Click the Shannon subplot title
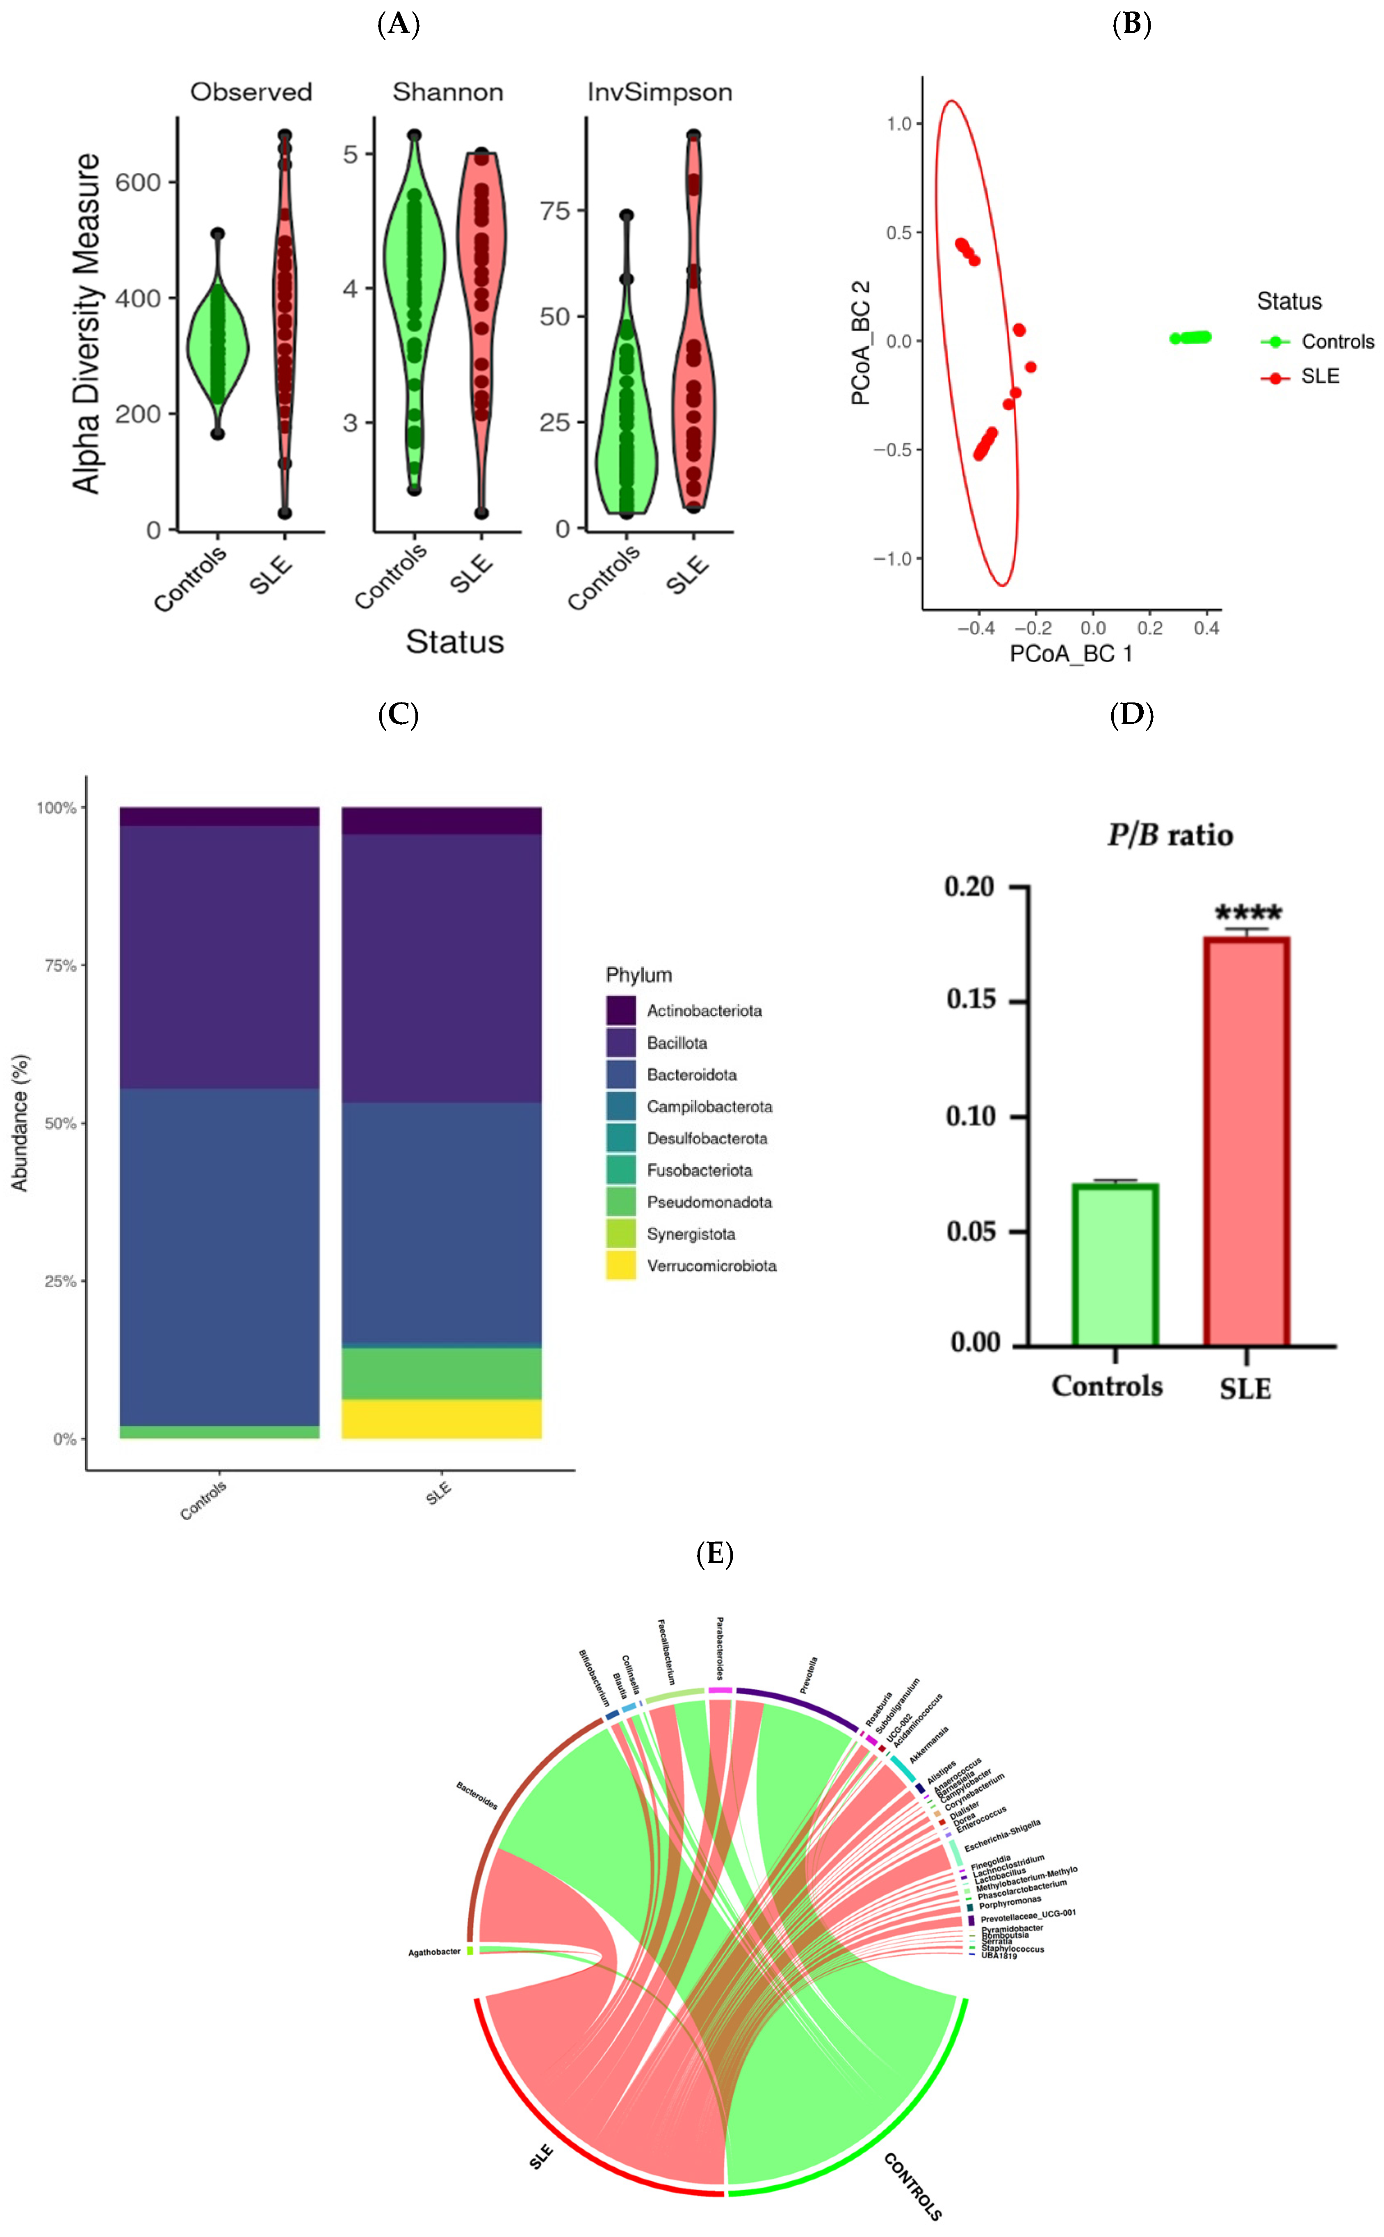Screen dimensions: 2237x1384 click(448, 92)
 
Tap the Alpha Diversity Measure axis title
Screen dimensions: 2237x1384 click(87, 323)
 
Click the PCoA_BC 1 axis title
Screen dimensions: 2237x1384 click(1071, 654)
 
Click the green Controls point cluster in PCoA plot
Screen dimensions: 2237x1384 click(1191, 338)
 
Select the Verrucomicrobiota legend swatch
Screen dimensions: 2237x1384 click(620, 1265)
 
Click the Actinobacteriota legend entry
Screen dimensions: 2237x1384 click(704, 1011)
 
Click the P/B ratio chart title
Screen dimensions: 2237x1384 click(1170, 835)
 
